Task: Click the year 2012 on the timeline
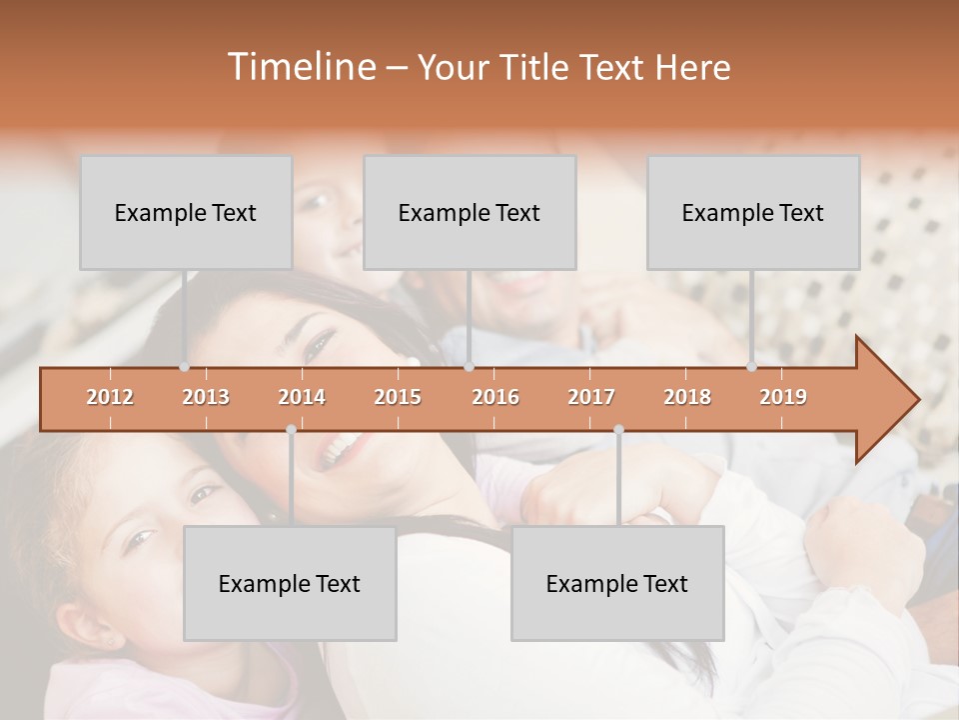point(110,398)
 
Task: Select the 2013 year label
point(206,398)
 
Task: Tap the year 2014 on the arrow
point(302,398)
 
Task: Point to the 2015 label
point(398,398)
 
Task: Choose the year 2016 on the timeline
point(495,398)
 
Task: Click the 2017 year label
point(591,398)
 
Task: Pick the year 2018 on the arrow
point(687,398)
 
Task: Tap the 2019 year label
point(783,398)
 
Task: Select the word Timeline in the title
point(300,67)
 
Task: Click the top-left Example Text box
point(186,212)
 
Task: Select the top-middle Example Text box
point(470,212)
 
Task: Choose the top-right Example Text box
point(753,212)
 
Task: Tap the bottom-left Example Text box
point(290,583)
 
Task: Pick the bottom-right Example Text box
point(617,583)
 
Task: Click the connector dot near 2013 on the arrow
point(185,367)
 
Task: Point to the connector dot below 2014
point(291,430)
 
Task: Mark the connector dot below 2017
point(618,430)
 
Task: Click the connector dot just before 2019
point(752,367)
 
